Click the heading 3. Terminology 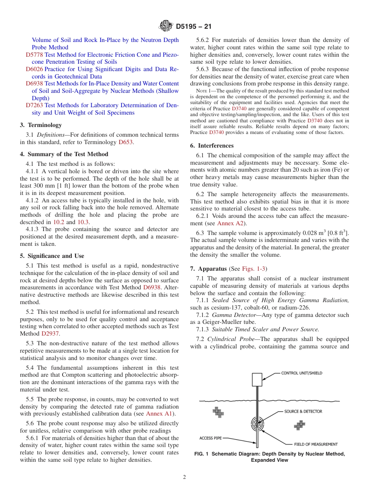click(x=41, y=125)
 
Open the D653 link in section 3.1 click(x=125, y=142)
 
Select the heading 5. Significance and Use click(x=52, y=256)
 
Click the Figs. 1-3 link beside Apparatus click(x=254, y=269)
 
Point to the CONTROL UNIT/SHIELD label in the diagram click(x=302, y=373)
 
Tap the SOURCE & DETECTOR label click(x=303, y=411)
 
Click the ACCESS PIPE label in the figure click(x=211, y=438)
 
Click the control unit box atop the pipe click(x=257, y=379)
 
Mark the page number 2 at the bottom click(x=184, y=477)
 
